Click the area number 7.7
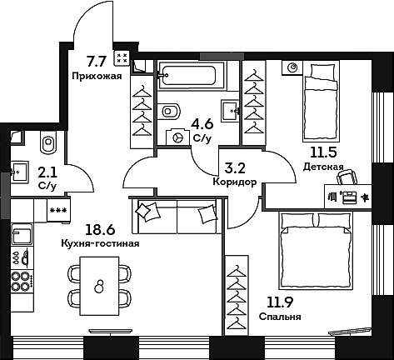tap(97, 59)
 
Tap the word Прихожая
tap(98, 75)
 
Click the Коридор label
tap(235, 182)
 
